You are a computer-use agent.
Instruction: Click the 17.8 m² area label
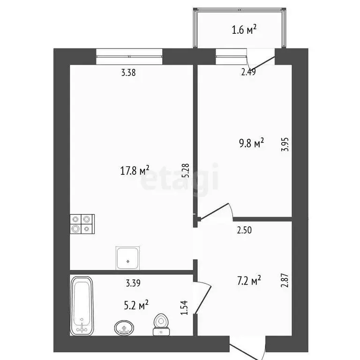pos(135,170)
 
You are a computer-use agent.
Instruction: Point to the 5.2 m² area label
pos(136,306)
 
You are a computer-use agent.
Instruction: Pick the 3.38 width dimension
pos(128,73)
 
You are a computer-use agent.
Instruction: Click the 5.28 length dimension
pos(186,170)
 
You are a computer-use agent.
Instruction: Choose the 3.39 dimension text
pos(133,283)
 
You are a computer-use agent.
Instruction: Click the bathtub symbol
pos(82,306)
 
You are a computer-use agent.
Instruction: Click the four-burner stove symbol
pos(82,224)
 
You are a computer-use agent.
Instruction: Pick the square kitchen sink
pos(127,257)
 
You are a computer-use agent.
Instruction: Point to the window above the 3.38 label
pos(129,56)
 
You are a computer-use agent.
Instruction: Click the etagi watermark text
pos(180,178)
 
